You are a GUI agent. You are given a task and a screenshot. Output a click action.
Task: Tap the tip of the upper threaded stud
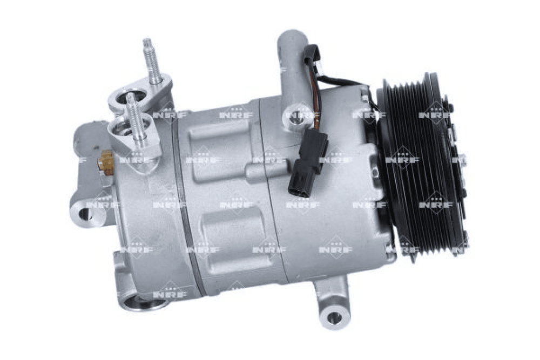[147, 39]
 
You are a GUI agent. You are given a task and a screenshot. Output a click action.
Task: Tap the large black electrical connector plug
[308, 163]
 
